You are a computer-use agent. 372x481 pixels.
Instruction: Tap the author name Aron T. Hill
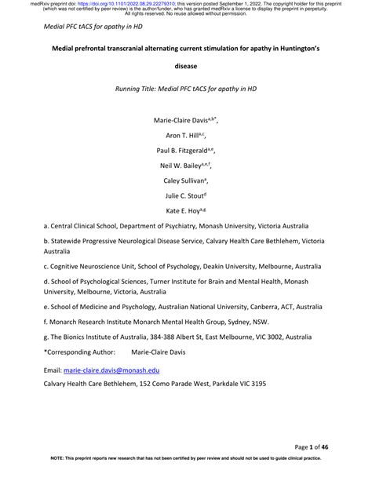(183, 136)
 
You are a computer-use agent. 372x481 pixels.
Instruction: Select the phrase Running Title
(141, 88)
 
